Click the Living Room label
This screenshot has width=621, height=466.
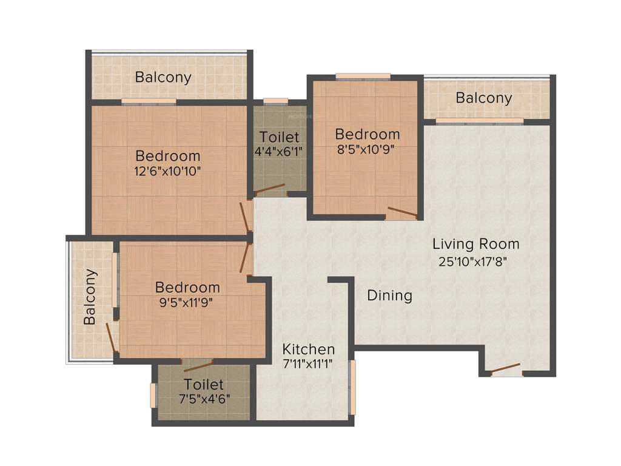[x=475, y=244]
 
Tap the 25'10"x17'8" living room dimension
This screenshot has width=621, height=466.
[x=475, y=262]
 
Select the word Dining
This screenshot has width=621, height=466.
[x=390, y=295]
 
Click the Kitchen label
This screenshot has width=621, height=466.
[x=309, y=349]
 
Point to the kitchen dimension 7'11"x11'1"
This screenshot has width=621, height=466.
[x=309, y=365]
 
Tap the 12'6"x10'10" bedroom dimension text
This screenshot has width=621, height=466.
[x=167, y=171]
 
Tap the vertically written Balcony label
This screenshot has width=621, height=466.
[x=90, y=297]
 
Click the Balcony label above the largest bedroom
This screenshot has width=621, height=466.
[x=163, y=77]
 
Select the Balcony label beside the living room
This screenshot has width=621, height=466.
[x=483, y=98]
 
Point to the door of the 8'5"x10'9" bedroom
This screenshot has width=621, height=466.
[x=402, y=212]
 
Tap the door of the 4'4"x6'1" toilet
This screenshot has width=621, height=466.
[x=269, y=189]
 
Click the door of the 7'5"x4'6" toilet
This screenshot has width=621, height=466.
[x=198, y=365]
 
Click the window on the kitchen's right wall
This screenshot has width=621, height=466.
[x=352, y=387]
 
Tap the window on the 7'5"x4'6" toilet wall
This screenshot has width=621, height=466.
[x=153, y=394]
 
